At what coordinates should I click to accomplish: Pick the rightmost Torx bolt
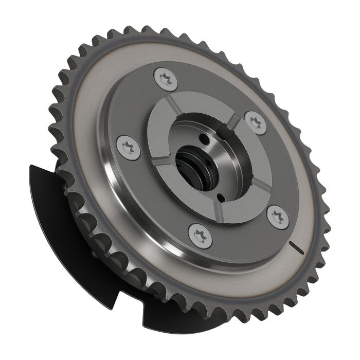[x=278, y=216]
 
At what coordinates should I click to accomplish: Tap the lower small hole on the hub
[x=221, y=196]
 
